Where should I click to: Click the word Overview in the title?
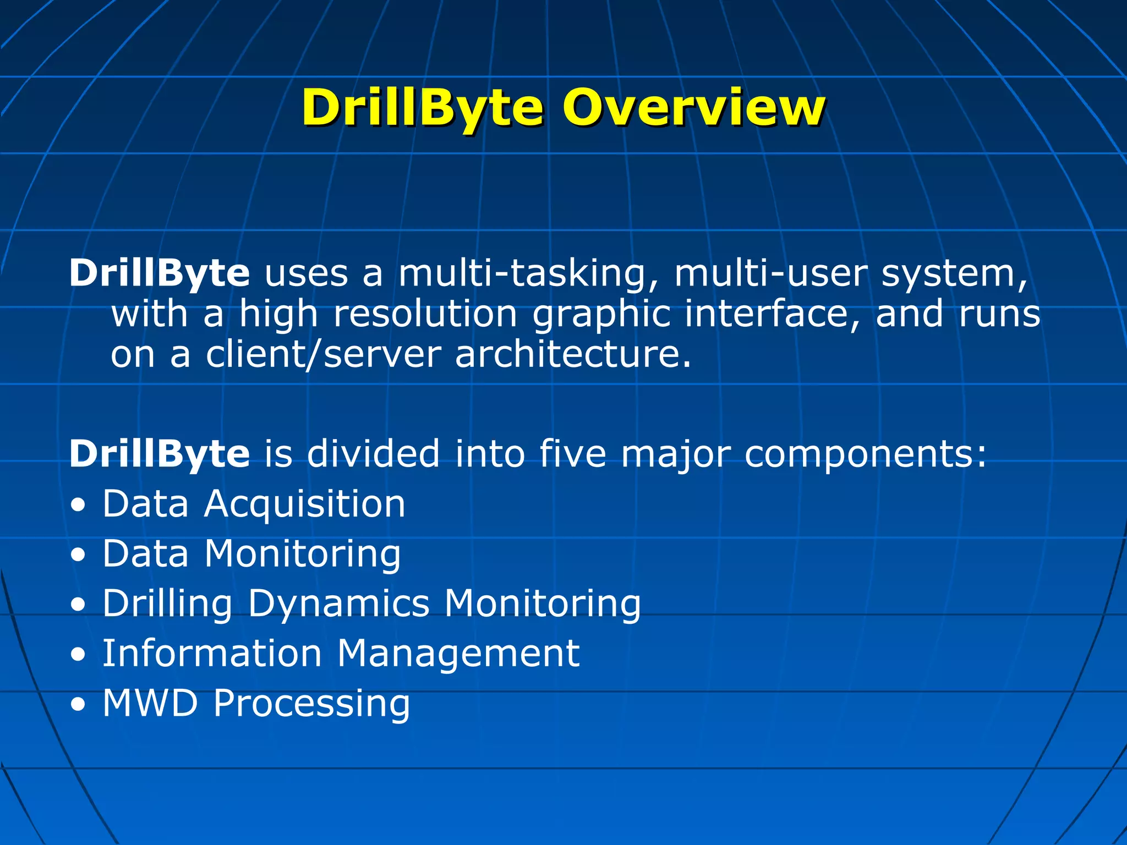click(693, 107)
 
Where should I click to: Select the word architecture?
click(572, 354)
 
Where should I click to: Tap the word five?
click(572, 454)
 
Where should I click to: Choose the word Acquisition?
click(304, 504)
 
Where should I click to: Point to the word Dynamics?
click(338, 605)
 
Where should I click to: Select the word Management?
click(458, 654)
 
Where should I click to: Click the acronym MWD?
click(150, 703)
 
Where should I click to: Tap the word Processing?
click(311, 704)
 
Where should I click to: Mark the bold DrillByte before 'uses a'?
click(160, 273)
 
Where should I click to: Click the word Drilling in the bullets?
click(167, 605)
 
